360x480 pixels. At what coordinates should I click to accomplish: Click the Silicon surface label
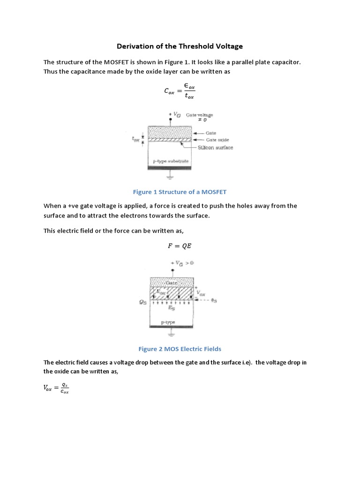[x=215, y=148]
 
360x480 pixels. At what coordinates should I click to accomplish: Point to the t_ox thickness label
[x=136, y=139]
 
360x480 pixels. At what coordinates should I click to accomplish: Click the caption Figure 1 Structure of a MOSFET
[x=180, y=192]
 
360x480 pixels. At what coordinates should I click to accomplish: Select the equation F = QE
[x=180, y=245]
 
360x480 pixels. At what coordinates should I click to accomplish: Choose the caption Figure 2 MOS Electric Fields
[x=180, y=349]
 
